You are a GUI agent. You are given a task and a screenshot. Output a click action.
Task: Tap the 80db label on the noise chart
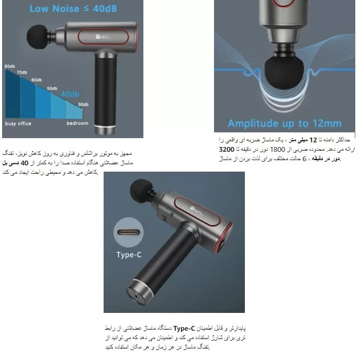coord(9,66)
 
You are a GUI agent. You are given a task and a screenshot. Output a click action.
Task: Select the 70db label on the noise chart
coord(22,73)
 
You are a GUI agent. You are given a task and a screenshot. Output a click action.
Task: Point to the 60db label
coord(36,80)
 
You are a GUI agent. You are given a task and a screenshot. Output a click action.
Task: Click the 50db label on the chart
coord(52,88)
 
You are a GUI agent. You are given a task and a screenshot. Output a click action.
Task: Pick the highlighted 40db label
coord(70,94)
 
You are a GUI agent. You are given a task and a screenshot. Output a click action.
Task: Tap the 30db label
coord(83,105)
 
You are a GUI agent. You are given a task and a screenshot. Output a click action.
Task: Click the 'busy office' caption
coord(18,123)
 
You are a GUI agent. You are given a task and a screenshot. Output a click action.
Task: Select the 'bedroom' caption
coord(77,123)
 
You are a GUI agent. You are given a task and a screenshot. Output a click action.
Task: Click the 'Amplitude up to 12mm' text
coord(284,124)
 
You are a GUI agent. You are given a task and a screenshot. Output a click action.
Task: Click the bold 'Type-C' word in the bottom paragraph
coord(184,329)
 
